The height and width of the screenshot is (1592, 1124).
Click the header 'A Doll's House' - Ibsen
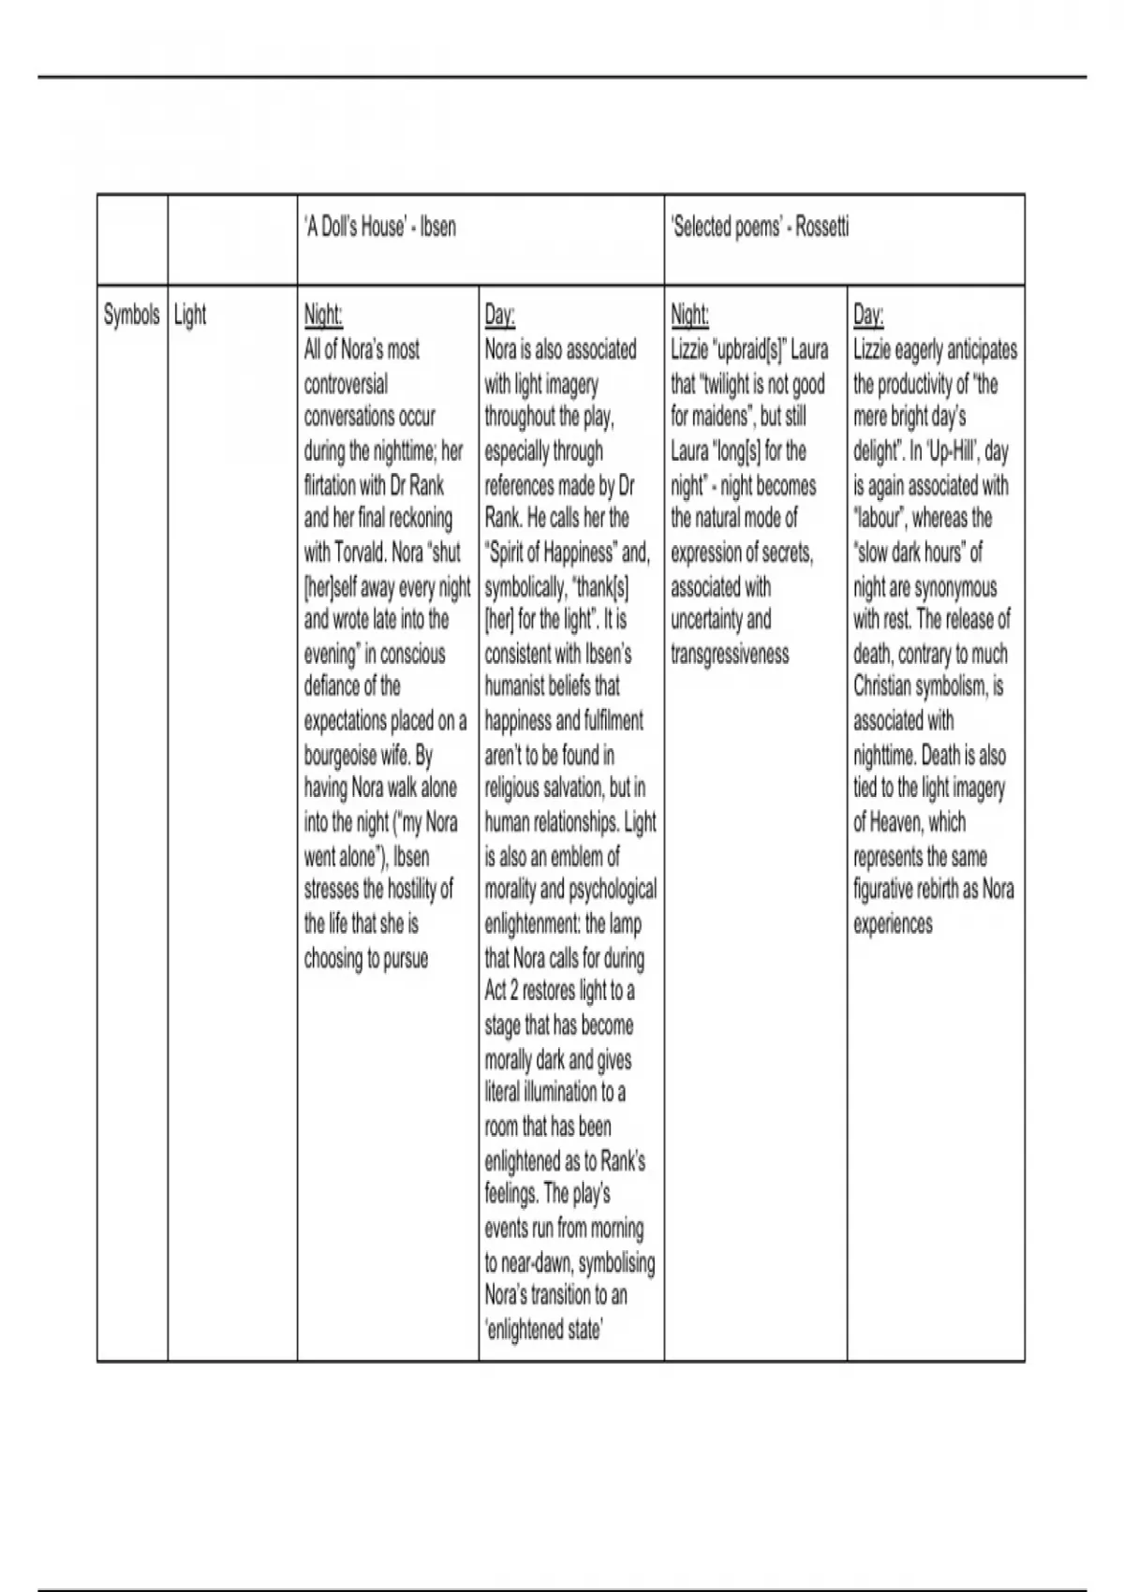[380, 228]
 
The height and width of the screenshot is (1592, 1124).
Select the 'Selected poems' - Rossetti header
[761, 228]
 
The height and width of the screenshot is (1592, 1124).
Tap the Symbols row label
[131, 315]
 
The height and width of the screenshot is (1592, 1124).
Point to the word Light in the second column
[190, 315]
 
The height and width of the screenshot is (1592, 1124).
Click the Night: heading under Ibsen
[323, 315]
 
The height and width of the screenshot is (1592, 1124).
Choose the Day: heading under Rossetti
[868, 315]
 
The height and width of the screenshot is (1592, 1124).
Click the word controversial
[346, 383]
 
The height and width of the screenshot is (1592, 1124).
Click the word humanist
[521, 686]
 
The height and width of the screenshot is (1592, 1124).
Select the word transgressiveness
[730, 654]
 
